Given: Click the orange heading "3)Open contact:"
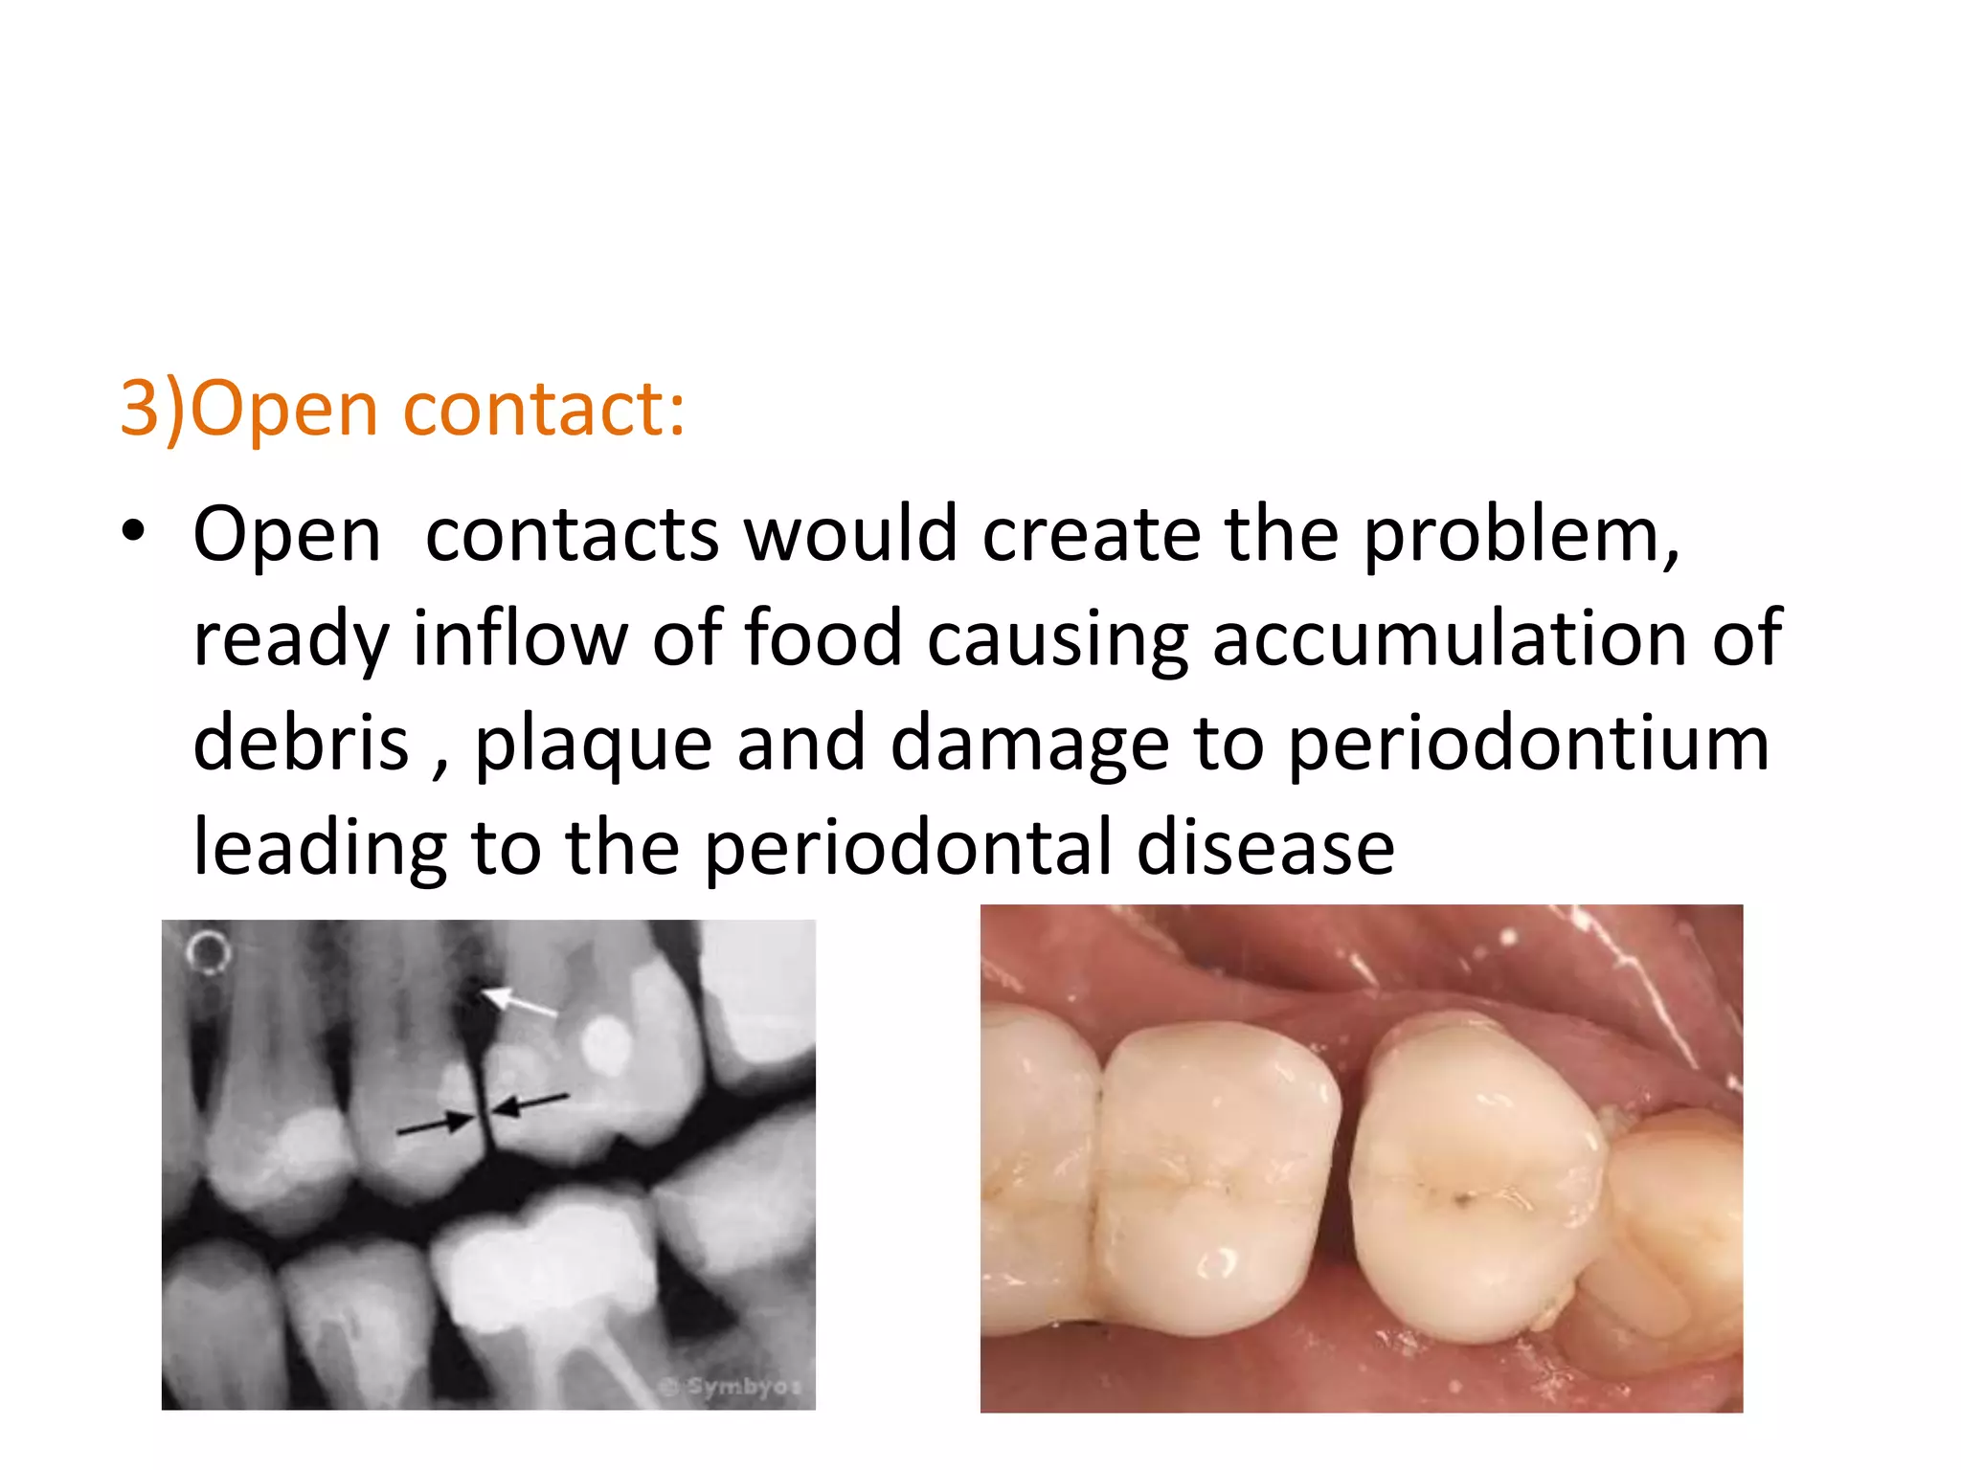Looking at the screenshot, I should coord(402,409).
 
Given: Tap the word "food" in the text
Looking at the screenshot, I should coord(823,637).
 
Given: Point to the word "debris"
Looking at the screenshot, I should coord(301,743).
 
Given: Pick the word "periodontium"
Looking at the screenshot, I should coord(1528,745).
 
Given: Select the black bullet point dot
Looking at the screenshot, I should coord(134,530).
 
